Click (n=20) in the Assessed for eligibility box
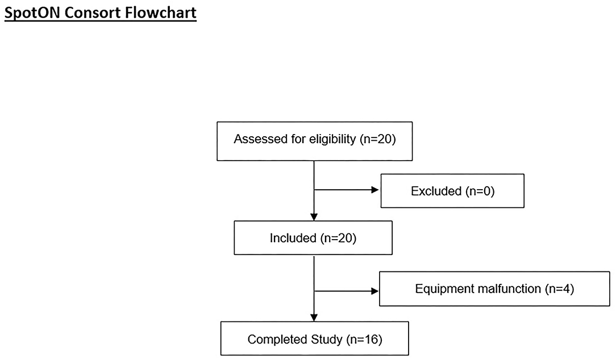click(x=377, y=140)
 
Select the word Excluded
click(x=436, y=191)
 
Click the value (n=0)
click(x=480, y=191)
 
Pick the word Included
click(x=292, y=238)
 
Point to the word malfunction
click(x=505, y=289)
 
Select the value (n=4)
click(x=559, y=289)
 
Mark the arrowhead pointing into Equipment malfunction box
click(x=374, y=291)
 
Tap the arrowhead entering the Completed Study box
click(x=314, y=319)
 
